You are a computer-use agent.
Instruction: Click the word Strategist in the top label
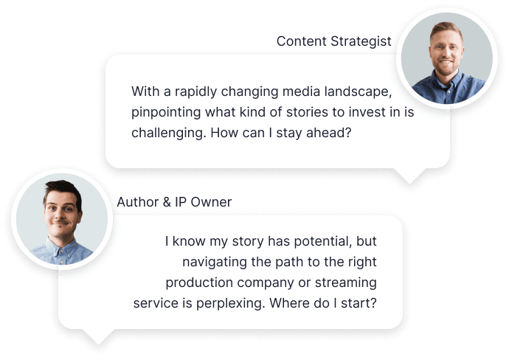tap(361, 42)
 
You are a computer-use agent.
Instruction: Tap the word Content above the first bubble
tap(302, 41)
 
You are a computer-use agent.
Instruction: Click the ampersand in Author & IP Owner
tap(167, 202)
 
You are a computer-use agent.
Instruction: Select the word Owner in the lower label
tap(211, 202)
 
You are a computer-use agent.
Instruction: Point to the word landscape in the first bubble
tap(358, 91)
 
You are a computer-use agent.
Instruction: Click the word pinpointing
tap(166, 113)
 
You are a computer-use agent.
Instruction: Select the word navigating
tap(215, 263)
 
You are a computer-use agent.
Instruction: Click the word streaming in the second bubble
tap(346, 283)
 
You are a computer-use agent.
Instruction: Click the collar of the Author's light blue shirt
tap(62, 249)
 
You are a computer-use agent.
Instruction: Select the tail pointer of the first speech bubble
tap(409, 176)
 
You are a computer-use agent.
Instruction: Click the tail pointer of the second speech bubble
tap(98, 337)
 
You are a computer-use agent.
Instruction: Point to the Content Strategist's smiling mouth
tap(446, 62)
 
